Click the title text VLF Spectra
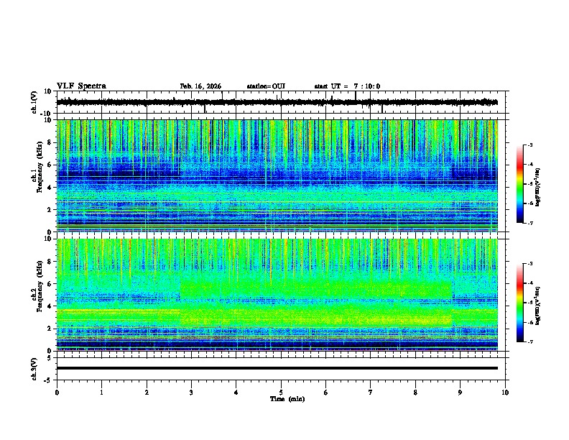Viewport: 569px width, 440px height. pyautogui.click(x=81, y=86)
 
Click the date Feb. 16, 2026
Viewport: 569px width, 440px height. pyautogui.click(x=200, y=86)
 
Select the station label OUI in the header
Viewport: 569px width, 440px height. pyautogui.click(x=266, y=86)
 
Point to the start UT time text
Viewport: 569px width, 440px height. pyautogui.click(x=347, y=86)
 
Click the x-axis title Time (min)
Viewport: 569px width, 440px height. pyautogui.click(x=287, y=398)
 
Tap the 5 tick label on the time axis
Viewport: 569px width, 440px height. pyautogui.click(x=281, y=393)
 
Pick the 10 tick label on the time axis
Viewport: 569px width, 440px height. pyautogui.click(x=505, y=393)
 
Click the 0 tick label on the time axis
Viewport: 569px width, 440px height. pyautogui.click(x=57, y=393)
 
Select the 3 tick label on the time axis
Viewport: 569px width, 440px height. pyautogui.click(x=191, y=393)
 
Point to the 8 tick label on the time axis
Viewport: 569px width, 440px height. pyautogui.click(x=415, y=393)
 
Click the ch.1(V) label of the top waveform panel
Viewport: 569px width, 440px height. pyautogui.click(x=34, y=102)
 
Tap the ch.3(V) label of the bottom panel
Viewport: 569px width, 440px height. pyautogui.click(x=34, y=367)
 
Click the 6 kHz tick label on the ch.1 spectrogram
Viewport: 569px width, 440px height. pyautogui.click(x=50, y=165)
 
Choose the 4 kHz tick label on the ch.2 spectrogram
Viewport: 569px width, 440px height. pyautogui.click(x=50, y=306)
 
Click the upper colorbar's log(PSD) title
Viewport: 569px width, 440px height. pyautogui.click(x=537, y=184)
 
